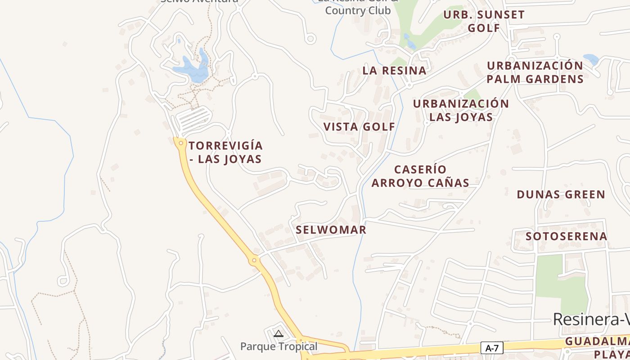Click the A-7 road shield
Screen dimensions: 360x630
coord(492,347)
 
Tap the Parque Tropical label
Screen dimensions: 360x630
coord(279,346)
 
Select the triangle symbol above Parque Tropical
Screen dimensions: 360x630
coord(279,333)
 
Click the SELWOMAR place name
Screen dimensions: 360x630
coord(331,230)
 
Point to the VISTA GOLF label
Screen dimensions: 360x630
coord(359,127)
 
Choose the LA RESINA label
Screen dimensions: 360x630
coord(394,71)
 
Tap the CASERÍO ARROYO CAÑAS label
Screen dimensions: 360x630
coord(420,176)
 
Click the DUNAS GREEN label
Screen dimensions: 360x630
coord(561,195)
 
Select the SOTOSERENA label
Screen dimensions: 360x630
coord(566,236)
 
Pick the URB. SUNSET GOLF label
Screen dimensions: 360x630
coord(484,21)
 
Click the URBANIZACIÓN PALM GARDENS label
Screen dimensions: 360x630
coord(535,72)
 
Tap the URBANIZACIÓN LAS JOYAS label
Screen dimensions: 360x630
coord(461,110)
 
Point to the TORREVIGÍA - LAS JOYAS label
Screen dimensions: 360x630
coord(225,152)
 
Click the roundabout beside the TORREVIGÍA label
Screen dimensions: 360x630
coord(181,143)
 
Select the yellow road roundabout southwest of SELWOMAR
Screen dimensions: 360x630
coord(254,260)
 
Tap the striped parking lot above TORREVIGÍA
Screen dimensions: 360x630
coord(193,118)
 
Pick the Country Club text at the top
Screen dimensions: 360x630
coord(358,10)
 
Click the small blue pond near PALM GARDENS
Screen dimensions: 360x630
coord(591,59)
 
